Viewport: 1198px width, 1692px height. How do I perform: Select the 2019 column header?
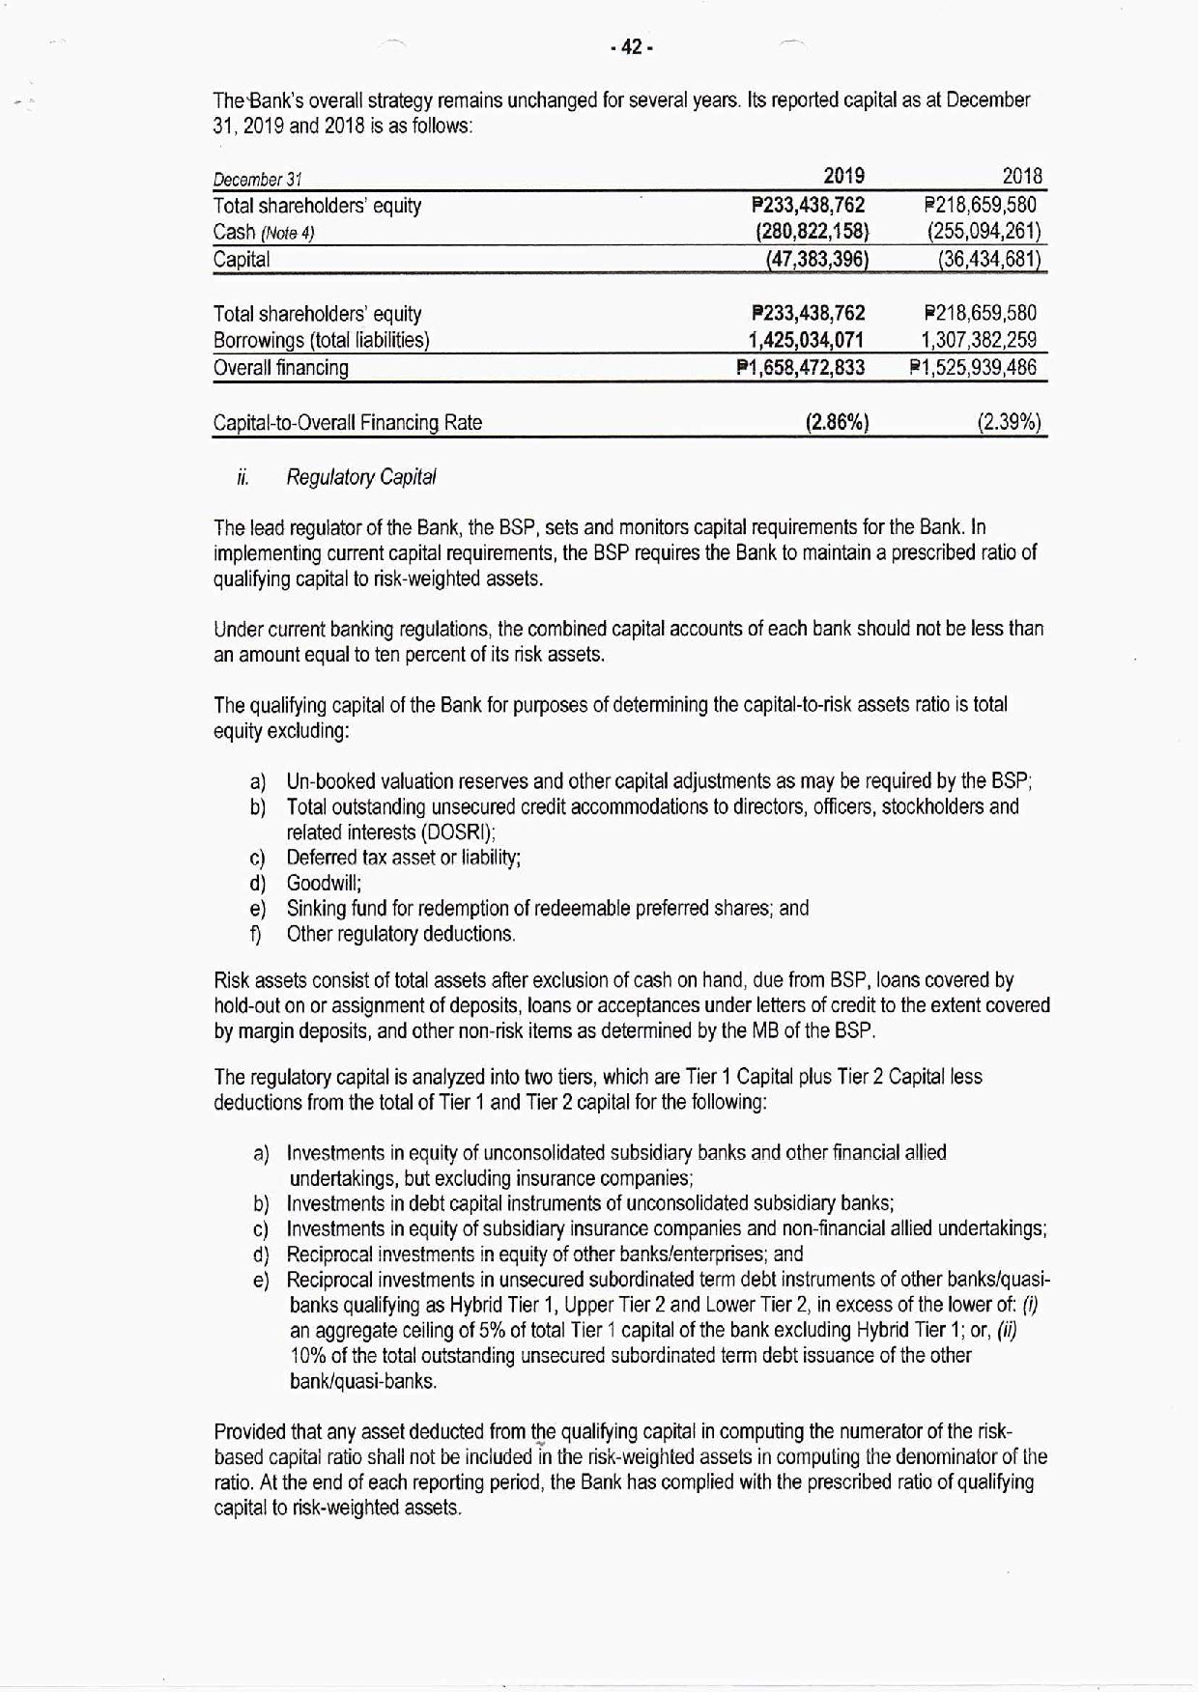point(843,176)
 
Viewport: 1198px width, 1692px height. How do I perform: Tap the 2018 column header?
point(1022,176)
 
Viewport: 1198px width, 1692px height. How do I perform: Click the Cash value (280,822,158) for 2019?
point(812,232)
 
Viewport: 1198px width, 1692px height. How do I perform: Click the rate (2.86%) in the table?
point(837,422)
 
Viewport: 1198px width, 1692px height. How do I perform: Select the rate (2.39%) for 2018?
point(1009,422)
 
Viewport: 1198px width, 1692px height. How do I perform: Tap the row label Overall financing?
point(280,368)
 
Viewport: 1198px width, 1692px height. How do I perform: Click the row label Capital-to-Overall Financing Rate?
point(347,423)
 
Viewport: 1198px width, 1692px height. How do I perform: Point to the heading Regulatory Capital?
point(361,477)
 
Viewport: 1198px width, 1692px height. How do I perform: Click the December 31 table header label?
point(257,180)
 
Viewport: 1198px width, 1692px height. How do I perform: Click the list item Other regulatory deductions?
point(401,934)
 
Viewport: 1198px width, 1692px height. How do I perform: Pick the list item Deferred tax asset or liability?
point(404,858)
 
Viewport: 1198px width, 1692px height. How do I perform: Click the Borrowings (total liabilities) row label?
point(321,340)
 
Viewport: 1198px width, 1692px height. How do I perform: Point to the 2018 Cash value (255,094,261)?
point(984,232)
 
